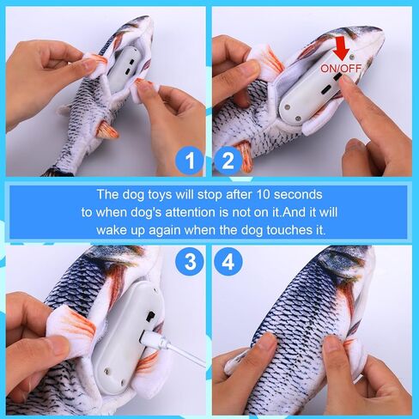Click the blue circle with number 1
tap(191, 161)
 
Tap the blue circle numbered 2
tap(228, 161)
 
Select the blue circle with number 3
tap(191, 262)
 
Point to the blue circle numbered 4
tap(228, 262)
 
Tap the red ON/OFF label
tap(341, 68)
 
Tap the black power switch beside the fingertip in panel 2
tap(337, 77)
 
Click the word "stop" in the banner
tap(210, 195)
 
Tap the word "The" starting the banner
tap(107, 195)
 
